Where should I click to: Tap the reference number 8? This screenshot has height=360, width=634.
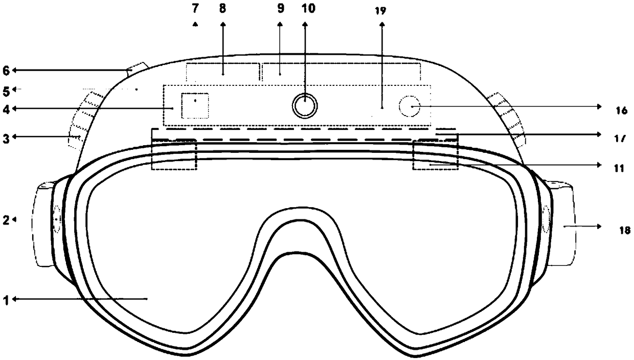(x=223, y=10)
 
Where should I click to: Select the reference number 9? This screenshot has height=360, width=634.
(x=280, y=10)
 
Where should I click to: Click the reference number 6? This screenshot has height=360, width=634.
(x=6, y=70)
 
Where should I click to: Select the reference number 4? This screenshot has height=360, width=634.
(x=6, y=108)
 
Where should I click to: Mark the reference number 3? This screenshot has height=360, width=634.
(x=6, y=137)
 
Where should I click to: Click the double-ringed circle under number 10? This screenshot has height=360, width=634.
(x=305, y=106)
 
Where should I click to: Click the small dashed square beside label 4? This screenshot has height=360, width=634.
(x=195, y=105)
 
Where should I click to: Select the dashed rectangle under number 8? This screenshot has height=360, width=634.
(x=222, y=73)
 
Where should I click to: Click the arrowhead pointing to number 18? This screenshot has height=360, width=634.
(x=599, y=226)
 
